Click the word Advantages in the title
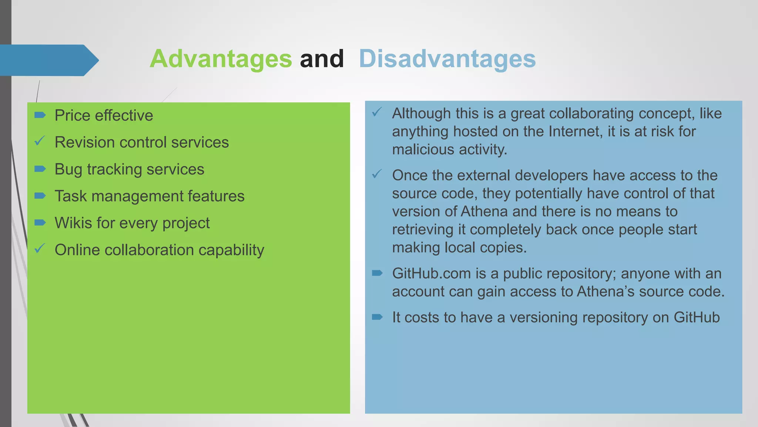pyautogui.click(x=221, y=59)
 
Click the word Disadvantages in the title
pyautogui.click(x=447, y=59)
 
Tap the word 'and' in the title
pyautogui.click(x=322, y=59)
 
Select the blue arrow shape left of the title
pyautogui.click(x=48, y=60)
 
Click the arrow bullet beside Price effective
pyautogui.click(x=40, y=115)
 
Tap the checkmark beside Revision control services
pyautogui.click(x=40, y=141)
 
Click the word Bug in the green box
pyautogui.click(x=68, y=169)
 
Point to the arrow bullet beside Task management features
pyautogui.click(x=40, y=196)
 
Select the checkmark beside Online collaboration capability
pyautogui.click(x=40, y=248)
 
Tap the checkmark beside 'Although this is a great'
pyautogui.click(x=377, y=112)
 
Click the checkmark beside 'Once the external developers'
pyautogui.click(x=377, y=174)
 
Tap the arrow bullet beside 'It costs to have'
pyautogui.click(x=377, y=317)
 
